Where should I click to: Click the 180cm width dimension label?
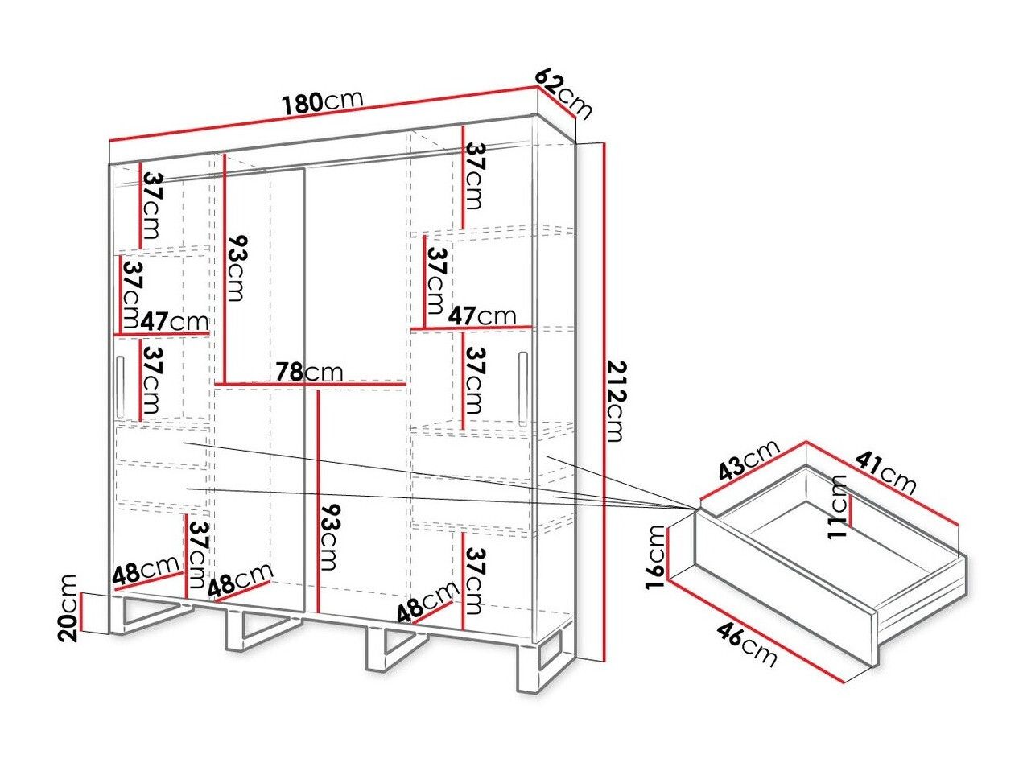click(322, 101)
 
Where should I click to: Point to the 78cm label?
click(309, 372)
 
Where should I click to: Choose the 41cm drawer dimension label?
click(885, 472)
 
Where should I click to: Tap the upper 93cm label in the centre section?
click(235, 267)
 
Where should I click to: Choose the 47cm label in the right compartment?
click(482, 315)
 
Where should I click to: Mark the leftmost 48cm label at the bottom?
click(146, 573)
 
